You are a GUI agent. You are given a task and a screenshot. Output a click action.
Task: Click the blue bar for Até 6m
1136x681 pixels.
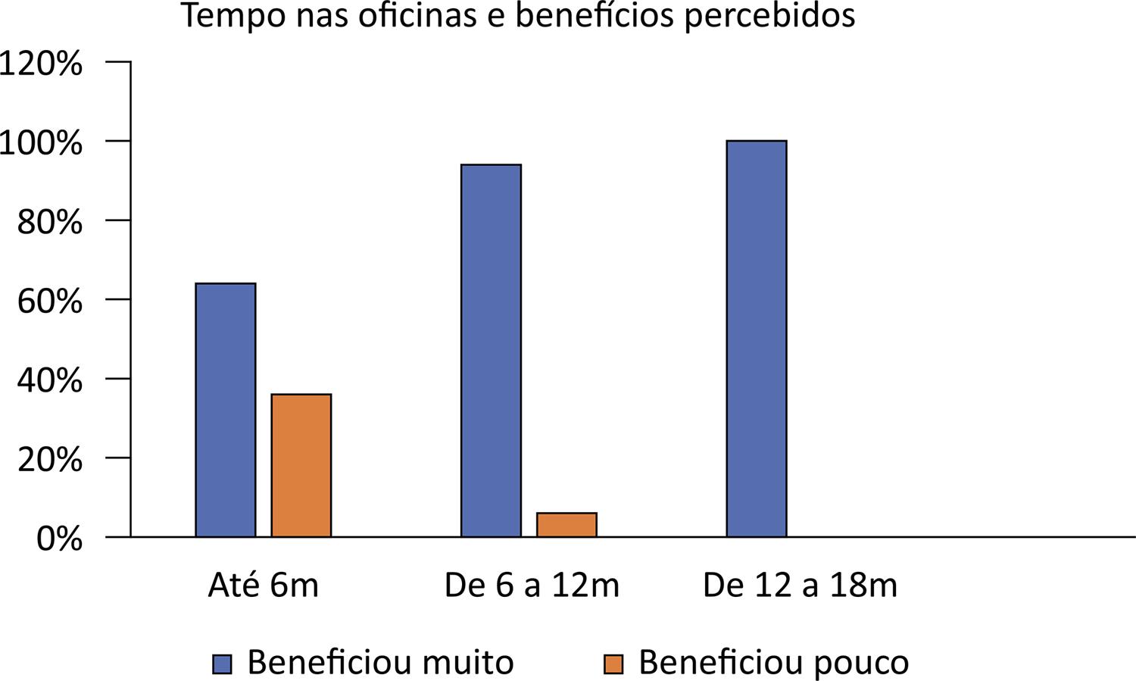226,410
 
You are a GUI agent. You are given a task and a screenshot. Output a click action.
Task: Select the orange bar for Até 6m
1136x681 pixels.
301,465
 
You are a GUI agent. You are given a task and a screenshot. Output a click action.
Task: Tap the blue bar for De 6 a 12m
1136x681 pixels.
491,351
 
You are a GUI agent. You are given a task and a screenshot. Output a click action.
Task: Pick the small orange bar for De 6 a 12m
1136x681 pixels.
566,524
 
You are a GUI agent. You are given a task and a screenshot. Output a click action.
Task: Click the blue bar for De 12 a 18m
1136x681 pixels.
757,339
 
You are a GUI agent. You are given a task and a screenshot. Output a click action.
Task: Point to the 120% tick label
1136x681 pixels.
41,64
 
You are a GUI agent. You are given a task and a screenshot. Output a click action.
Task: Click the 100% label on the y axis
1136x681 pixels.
41,142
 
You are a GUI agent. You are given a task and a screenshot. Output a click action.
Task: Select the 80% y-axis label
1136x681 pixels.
48,222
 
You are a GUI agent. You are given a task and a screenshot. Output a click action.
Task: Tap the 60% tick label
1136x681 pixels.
48,301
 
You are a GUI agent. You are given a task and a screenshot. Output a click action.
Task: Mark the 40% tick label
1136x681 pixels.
48,380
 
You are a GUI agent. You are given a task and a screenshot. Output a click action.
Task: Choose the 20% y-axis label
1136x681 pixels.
48,459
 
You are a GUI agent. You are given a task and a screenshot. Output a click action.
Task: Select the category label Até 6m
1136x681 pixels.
264,586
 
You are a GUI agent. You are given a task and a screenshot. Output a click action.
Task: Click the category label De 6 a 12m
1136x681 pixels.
532,586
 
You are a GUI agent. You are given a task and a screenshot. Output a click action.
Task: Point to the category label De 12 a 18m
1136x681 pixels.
800,586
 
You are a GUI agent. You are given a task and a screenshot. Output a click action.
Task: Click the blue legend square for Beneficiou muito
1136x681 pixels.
222,664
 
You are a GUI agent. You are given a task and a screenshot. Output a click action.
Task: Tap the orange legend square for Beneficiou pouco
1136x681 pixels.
613,664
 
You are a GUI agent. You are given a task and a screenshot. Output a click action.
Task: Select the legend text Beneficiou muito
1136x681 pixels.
380,663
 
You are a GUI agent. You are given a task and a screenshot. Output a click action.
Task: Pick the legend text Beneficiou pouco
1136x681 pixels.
773,663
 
